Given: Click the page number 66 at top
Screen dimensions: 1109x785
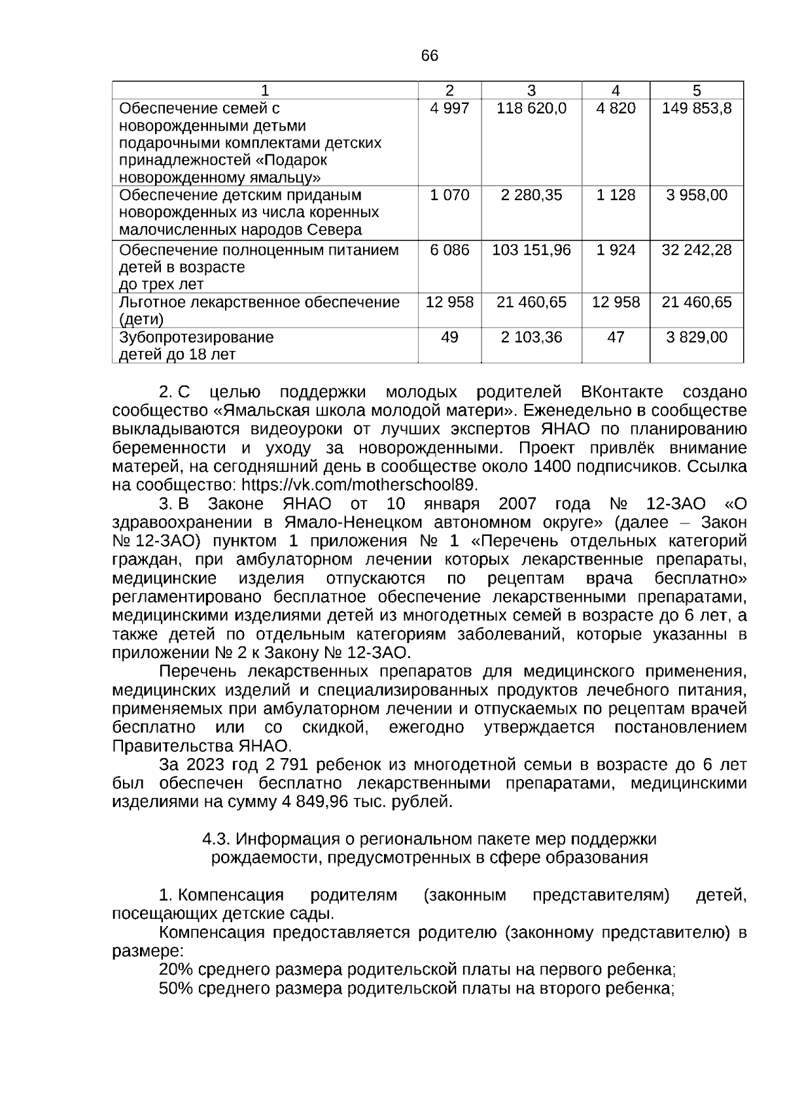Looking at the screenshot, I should tap(430, 56).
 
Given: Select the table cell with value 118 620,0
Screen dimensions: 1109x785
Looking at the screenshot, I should tap(531, 108).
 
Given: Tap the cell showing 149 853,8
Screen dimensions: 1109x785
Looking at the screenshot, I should tap(697, 108).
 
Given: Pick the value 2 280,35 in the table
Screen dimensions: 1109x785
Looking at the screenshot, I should tap(531, 195).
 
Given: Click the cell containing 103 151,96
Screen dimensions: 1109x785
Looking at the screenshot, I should tap(531, 250).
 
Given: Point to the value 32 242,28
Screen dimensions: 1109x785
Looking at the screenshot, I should tap(697, 250).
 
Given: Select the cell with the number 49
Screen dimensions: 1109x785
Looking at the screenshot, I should tap(449, 337).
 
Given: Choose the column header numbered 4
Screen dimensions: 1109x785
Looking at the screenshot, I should tap(616, 91).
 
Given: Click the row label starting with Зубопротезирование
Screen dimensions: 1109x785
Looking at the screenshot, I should tap(196, 338).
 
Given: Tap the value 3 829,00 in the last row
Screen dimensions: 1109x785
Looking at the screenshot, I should tap(697, 337).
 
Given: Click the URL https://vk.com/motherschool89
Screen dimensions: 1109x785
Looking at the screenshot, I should tap(360, 485).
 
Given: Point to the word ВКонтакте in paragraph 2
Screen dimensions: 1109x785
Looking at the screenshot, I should tap(621, 393).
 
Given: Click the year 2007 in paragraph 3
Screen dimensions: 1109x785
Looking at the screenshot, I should tap(517, 504).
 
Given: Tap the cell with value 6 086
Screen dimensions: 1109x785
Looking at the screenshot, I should tap(449, 250).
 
